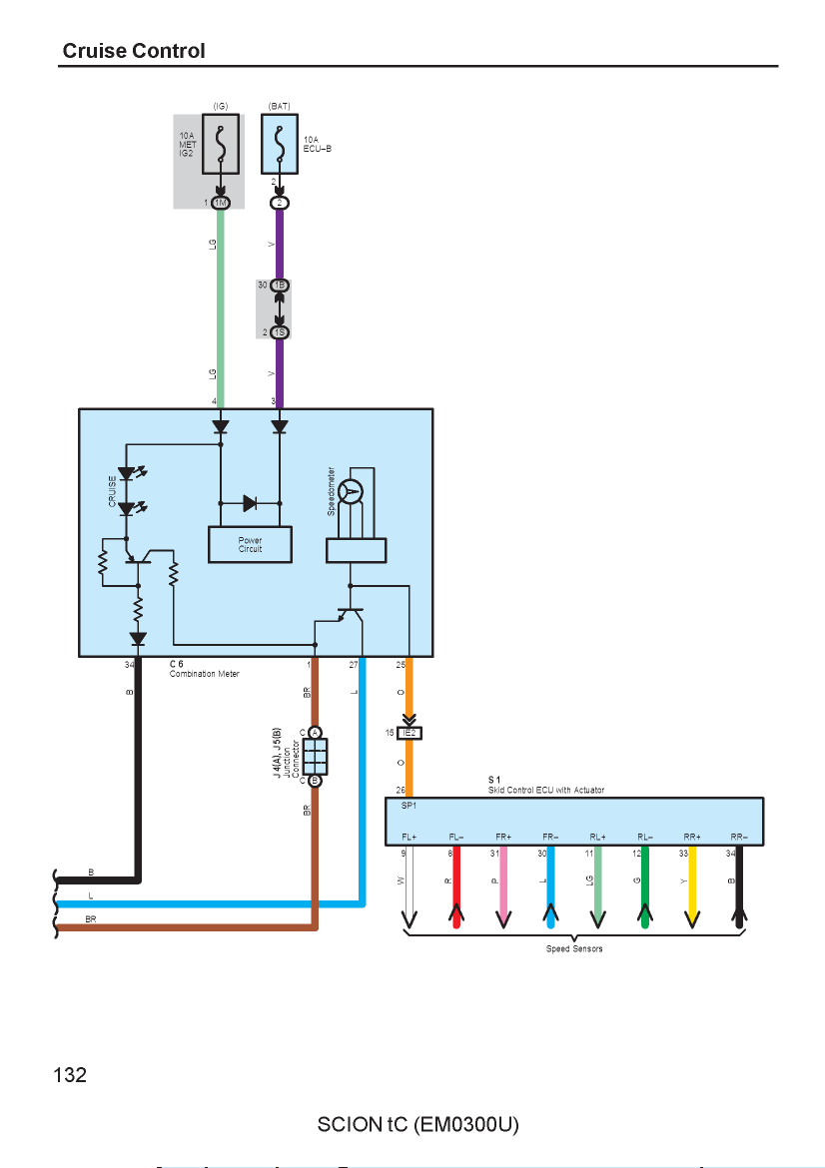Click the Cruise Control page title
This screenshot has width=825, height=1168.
[x=134, y=51]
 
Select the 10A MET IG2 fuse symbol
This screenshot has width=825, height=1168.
[x=221, y=144]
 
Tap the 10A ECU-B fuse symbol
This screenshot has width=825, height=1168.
[x=280, y=144]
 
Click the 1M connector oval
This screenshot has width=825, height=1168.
[x=221, y=203]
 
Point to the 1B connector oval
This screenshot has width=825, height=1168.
[x=280, y=286]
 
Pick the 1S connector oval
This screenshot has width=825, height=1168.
[x=280, y=332]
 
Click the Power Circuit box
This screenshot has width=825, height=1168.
[x=250, y=544]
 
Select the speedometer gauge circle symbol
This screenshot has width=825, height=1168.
[x=350, y=491]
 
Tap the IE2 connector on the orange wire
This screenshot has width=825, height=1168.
[x=410, y=733]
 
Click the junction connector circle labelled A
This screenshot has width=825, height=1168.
[x=315, y=733]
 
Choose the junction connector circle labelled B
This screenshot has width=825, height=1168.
[x=315, y=781]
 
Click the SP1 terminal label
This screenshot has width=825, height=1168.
[x=410, y=806]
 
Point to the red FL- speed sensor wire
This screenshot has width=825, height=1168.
[x=456, y=887]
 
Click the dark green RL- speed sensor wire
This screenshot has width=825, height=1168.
[x=645, y=887]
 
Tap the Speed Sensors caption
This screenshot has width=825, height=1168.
[x=574, y=949]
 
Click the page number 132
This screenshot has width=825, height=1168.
[x=70, y=1075]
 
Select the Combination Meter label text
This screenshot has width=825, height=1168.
[x=204, y=674]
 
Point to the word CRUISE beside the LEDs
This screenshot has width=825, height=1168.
[x=113, y=491]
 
